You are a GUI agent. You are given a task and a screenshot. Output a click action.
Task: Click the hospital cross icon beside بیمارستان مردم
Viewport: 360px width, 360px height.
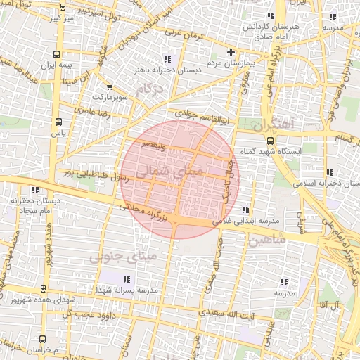231,52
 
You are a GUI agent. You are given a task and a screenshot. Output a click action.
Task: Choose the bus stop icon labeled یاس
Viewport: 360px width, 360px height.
58,121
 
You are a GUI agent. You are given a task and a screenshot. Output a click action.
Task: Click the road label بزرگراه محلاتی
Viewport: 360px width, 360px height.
145,214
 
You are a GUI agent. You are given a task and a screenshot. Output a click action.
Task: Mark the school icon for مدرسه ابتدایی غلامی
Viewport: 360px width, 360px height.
245,210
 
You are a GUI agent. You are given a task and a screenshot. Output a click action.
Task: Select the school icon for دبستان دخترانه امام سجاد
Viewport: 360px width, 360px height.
34,189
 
